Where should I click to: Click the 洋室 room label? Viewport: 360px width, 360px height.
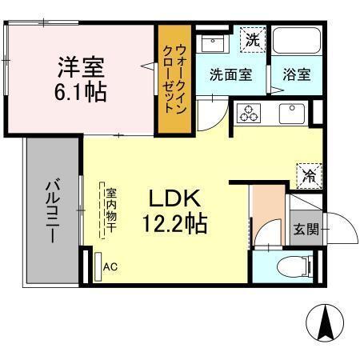point(80,65)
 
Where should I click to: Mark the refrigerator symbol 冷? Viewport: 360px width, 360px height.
point(309,173)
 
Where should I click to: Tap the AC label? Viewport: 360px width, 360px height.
point(110,267)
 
